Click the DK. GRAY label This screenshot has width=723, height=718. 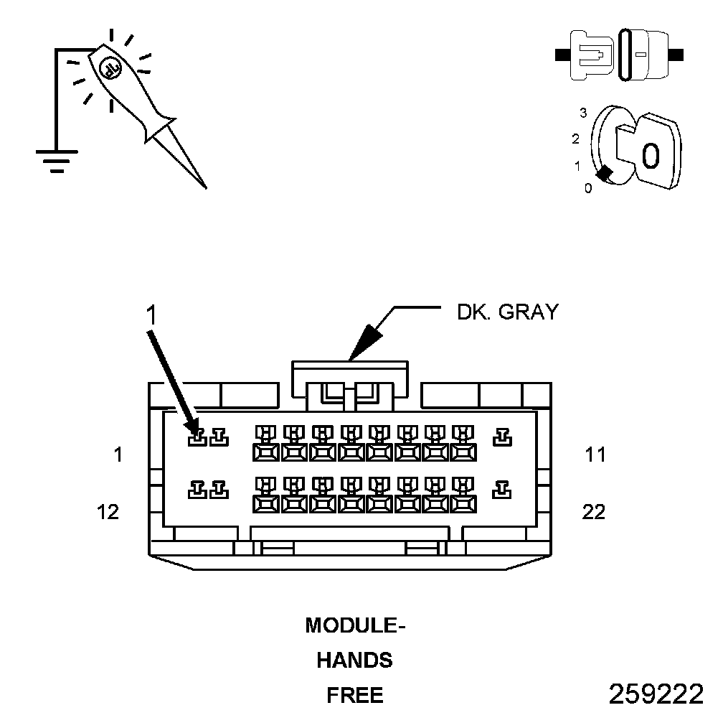(x=507, y=312)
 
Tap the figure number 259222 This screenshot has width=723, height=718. (x=656, y=694)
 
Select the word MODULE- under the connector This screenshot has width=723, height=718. (x=355, y=625)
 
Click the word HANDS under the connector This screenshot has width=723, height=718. (x=355, y=660)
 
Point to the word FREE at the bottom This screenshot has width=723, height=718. (x=355, y=695)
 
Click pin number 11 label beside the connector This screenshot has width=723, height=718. (x=595, y=454)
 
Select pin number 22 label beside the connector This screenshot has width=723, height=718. (x=595, y=512)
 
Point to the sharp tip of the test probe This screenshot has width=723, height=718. (x=205, y=187)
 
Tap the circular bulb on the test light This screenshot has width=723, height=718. (x=110, y=67)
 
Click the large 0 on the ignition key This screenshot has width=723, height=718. (x=650, y=156)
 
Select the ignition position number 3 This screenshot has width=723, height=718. (x=583, y=113)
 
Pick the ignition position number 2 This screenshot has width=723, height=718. (x=575, y=139)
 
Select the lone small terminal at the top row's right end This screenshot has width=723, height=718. (x=503, y=437)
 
